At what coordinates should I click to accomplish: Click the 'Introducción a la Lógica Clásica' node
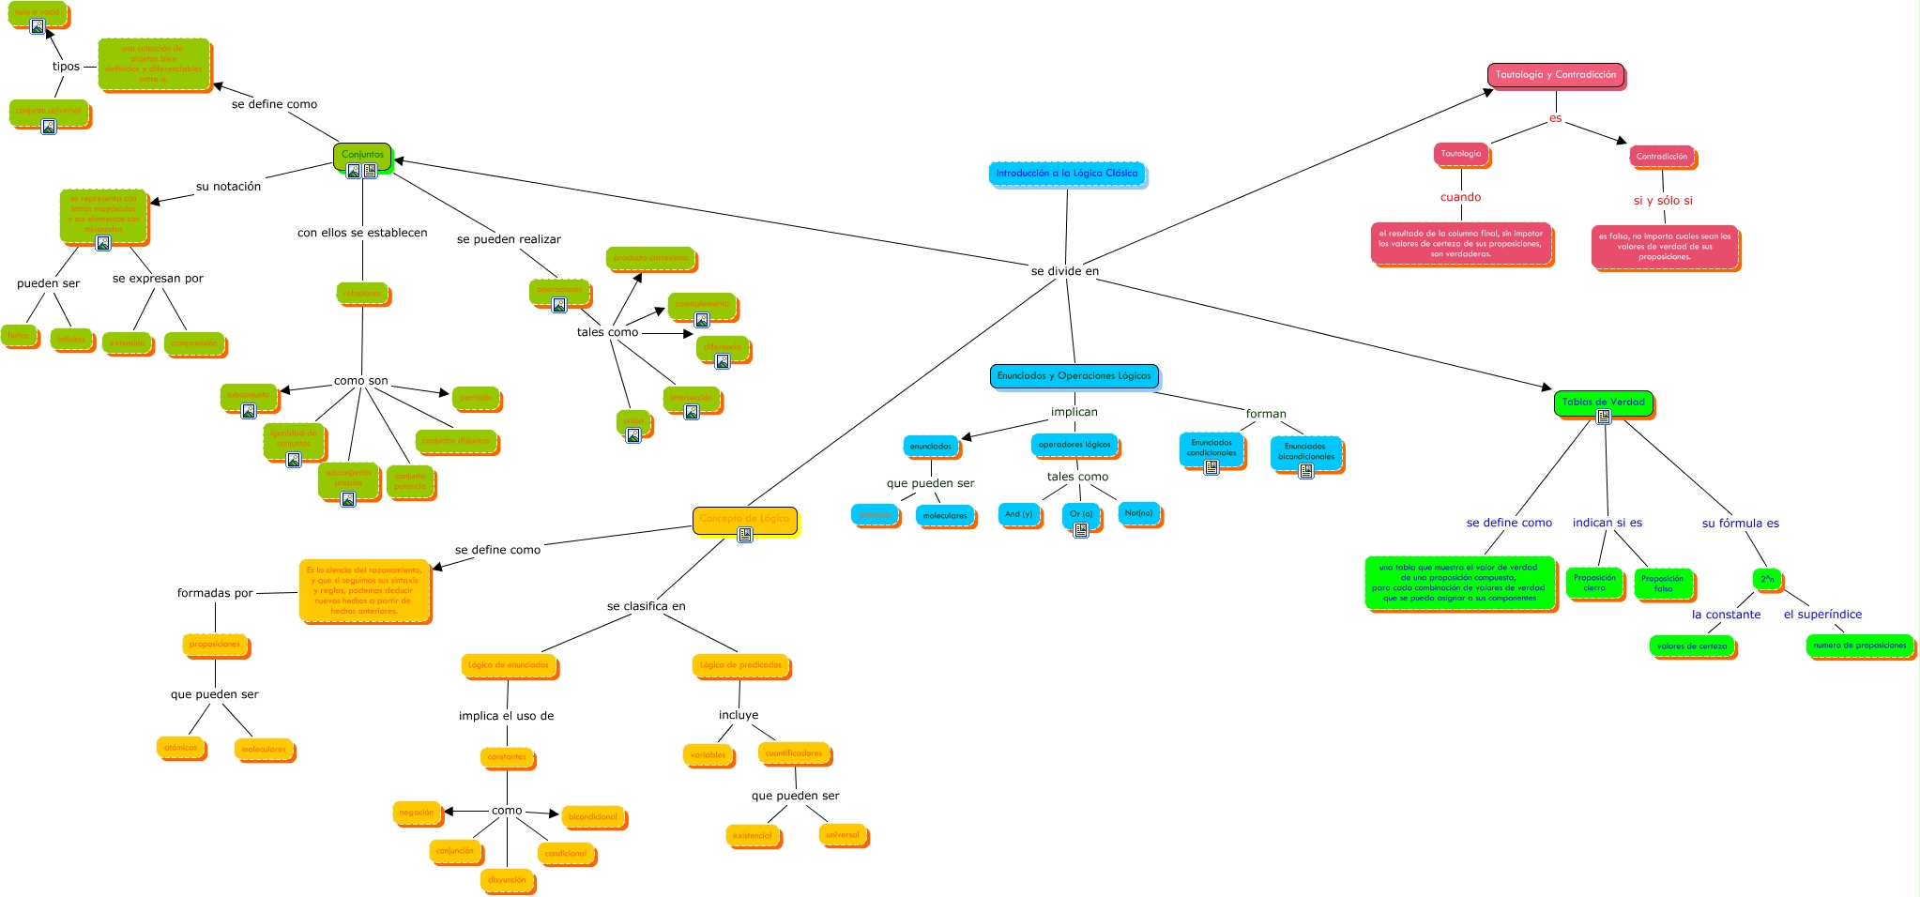pyautogui.click(x=1066, y=174)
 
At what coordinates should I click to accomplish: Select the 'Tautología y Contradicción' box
pyautogui.click(x=1555, y=75)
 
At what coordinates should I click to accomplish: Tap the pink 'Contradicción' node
pyautogui.click(x=1661, y=157)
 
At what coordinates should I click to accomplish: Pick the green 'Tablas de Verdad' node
pyautogui.click(x=1603, y=402)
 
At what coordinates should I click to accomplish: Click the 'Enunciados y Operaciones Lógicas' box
pyautogui.click(x=1074, y=376)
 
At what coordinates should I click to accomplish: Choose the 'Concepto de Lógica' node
pyautogui.click(x=744, y=519)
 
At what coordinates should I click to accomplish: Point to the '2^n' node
pyautogui.click(x=1767, y=579)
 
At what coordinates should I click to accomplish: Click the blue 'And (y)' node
pyautogui.click(x=1018, y=514)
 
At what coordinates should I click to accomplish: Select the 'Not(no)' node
pyautogui.click(x=1138, y=513)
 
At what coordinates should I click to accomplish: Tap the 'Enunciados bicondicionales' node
pyautogui.click(x=1305, y=451)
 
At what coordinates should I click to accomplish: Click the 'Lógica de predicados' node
pyautogui.click(x=740, y=665)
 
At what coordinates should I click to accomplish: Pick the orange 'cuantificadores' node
pyautogui.click(x=794, y=753)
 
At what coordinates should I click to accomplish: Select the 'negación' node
pyautogui.click(x=417, y=813)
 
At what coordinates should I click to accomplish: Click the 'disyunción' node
pyautogui.click(x=507, y=880)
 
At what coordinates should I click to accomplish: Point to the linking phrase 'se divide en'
pyautogui.click(x=1064, y=271)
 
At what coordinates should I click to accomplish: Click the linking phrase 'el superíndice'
pyautogui.click(x=1822, y=615)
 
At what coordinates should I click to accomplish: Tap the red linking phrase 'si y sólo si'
pyautogui.click(x=1663, y=201)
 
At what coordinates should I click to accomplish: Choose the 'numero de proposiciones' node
pyautogui.click(x=1859, y=646)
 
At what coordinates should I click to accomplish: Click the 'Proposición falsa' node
pyautogui.click(x=1663, y=584)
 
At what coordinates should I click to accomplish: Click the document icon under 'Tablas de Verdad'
pyautogui.click(x=1604, y=417)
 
